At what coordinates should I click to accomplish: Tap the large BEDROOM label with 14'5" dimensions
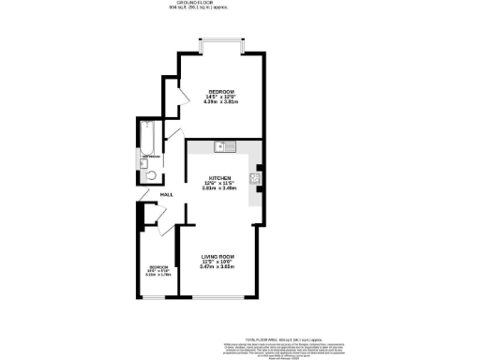pyautogui.click(x=220, y=91)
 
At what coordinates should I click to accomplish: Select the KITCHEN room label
pyautogui.click(x=219, y=178)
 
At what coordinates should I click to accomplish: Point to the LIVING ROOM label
pyautogui.click(x=218, y=256)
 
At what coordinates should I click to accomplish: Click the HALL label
pyautogui.click(x=166, y=194)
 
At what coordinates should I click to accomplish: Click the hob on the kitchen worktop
pyautogui.click(x=254, y=177)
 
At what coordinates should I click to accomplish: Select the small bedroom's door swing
pyautogui.click(x=159, y=225)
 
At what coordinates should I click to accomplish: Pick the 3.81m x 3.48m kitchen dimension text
pyautogui.click(x=219, y=188)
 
